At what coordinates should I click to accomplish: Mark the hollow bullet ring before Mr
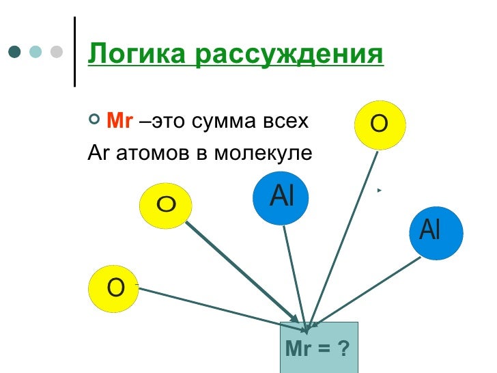94,122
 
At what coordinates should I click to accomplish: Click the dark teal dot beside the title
14,53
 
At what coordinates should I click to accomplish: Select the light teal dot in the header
35,53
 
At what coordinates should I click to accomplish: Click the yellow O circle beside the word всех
380,124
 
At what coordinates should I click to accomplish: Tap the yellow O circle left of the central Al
166,204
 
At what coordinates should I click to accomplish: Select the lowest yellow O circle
115,290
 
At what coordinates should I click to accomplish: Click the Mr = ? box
319,348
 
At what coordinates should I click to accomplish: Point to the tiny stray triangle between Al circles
378,189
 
